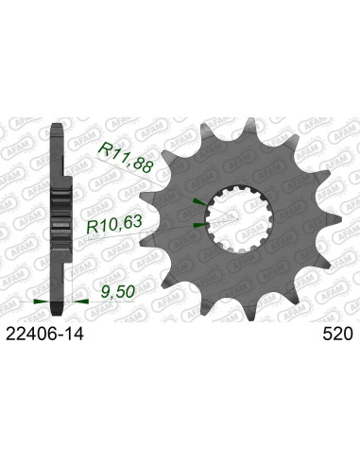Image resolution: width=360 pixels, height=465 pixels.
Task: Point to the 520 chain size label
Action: tap(336, 333)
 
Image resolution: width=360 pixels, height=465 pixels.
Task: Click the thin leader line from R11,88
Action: tap(170, 166)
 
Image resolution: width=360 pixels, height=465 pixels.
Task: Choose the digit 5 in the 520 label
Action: tap(326, 333)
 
